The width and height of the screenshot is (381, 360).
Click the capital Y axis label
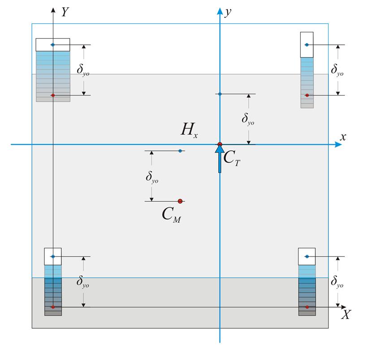[x=65, y=12]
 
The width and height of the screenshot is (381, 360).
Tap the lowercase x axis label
[x=343, y=137]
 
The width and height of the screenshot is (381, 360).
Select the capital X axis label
[x=346, y=315]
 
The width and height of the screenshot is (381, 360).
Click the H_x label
[x=189, y=130]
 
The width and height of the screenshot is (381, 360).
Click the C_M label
[x=172, y=215]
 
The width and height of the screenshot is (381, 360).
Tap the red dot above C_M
[x=180, y=201]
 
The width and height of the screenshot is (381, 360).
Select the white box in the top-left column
[x=53, y=45]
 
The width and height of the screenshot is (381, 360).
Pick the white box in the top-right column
[x=307, y=44]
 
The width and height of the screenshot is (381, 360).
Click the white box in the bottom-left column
[x=53, y=256]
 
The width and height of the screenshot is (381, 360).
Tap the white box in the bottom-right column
[x=307, y=256]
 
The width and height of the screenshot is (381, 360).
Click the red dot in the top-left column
[x=53, y=95]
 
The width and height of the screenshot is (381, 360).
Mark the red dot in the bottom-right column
[x=307, y=307]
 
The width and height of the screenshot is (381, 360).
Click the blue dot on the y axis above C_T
[x=220, y=94]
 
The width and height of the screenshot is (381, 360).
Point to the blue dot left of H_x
[x=180, y=151]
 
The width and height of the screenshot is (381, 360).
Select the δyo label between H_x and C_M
[x=152, y=177]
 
